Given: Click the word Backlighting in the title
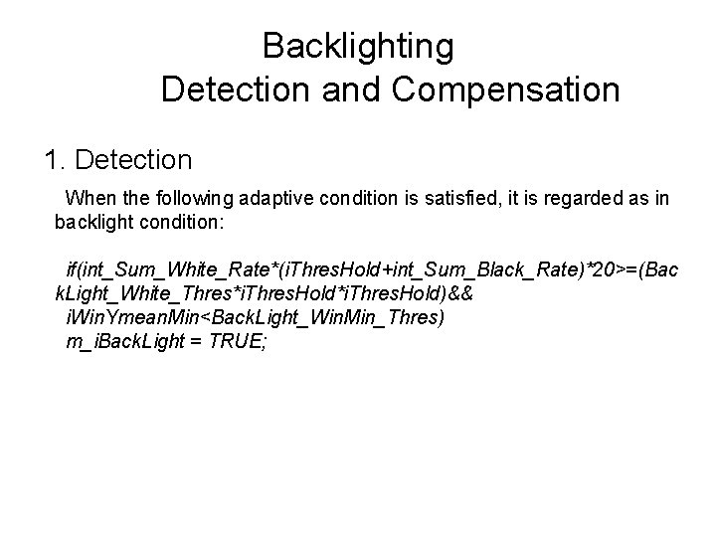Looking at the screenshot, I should pos(358,46).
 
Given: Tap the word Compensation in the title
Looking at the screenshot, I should pos(506,90).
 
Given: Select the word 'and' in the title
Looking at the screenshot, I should pos(353,90).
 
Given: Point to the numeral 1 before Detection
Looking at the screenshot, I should pos(51,158).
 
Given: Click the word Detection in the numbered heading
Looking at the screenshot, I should pos(132,158).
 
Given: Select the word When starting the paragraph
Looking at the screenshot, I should pos(89,199).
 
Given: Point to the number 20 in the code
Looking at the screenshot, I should pos(599,269).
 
